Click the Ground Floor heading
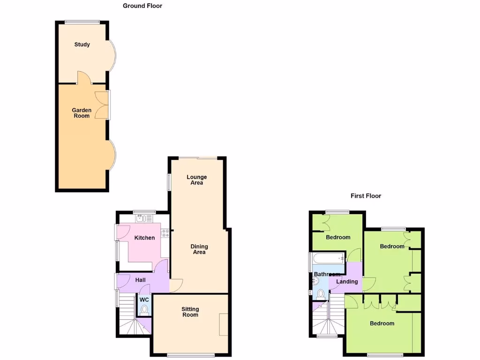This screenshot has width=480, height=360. tap(142, 6)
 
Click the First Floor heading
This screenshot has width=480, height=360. tap(366, 196)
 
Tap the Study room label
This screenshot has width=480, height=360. tap(82, 45)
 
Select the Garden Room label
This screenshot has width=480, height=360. tap(82, 113)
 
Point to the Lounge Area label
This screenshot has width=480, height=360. tap(196, 180)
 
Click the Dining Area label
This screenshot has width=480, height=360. tap(199, 249)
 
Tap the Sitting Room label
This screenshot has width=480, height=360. tap(190, 312)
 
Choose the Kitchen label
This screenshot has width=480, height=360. tap(144, 238)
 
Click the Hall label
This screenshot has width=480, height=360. tap(140, 280)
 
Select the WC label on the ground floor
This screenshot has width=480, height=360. tap(144, 300)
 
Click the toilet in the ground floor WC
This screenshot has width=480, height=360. tap(144, 310)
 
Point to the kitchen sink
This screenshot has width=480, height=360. tap(140, 218)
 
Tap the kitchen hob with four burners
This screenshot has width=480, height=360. tap(165, 233)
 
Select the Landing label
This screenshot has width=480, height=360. tap(347, 282)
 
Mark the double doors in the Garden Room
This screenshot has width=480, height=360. tap(102, 105)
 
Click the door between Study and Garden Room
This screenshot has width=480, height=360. tap(82, 78)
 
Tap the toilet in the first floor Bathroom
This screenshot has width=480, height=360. tap(321, 294)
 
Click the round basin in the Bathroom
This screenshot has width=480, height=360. tap(315, 281)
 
